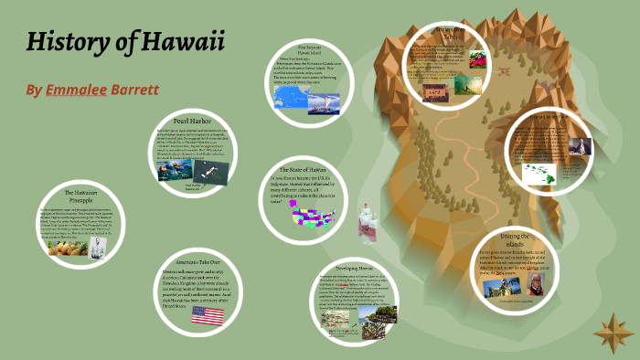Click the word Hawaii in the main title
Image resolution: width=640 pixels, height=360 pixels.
point(181,43)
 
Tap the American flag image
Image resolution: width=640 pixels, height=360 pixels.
point(208,316)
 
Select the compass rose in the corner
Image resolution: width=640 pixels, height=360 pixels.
point(608,327)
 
